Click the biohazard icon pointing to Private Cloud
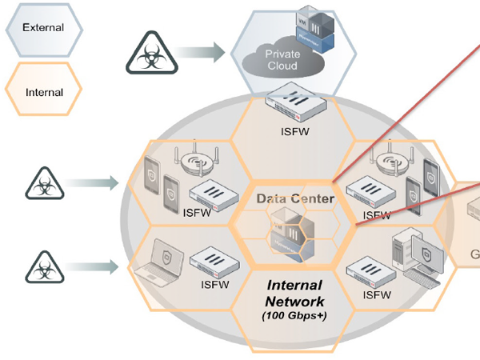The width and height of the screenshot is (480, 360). click(x=149, y=54)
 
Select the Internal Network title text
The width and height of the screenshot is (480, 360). click(x=294, y=294)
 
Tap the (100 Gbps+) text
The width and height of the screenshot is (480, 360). click(x=294, y=316)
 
